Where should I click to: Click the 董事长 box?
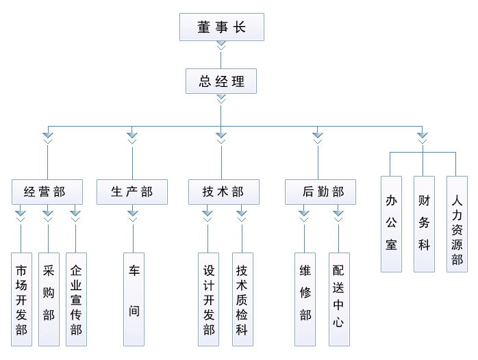pyautogui.click(x=221, y=28)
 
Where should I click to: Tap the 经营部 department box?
pyautogui.click(x=47, y=192)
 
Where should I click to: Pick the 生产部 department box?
pyautogui.click(x=132, y=192)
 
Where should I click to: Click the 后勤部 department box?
pyautogui.click(x=320, y=192)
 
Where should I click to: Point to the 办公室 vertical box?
pyautogui.click(x=392, y=223)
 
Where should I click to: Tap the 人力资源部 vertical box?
pyautogui.click(x=457, y=223)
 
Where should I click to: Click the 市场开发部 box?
pyautogui.click(x=21, y=299)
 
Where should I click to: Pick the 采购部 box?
pyautogui.click(x=48, y=299)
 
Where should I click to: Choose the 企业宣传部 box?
pyautogui.click(x=75, y=299)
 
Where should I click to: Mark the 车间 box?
pyautogui.click(x=134, y=299)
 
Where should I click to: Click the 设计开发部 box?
pyautogui.click(x=209, y=299)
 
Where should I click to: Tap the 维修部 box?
pyautogui.click(x=305, y=299)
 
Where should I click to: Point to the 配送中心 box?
pyautogui.click(x=338, y=299)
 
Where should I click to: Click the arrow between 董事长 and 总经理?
pyautogui.click(x=221, y=46)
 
